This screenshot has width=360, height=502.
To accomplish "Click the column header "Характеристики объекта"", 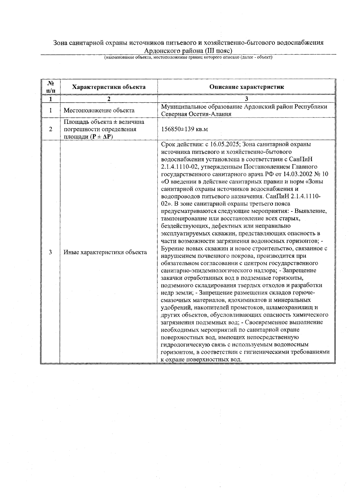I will coord(109,87).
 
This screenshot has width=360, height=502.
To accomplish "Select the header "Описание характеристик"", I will coord(246,87).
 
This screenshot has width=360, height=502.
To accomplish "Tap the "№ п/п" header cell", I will coord(50,87).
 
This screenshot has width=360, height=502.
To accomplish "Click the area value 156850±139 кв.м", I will coord(184,129).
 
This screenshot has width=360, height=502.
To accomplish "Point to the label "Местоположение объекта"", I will coord(99,110).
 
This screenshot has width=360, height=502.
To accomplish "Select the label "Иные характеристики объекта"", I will coord(105,252).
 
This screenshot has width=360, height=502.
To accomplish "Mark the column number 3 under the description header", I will coord(246,99).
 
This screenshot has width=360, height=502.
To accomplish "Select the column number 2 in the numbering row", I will coord(109,99).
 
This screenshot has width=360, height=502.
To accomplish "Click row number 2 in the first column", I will coord(50,129).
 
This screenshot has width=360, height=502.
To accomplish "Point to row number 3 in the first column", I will coord(50,252).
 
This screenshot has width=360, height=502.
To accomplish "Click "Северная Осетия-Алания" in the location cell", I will coord(196,114).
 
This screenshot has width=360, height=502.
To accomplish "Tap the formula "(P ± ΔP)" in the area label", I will coord(100,137).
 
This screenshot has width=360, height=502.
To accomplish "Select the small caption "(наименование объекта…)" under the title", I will coord(188,57).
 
